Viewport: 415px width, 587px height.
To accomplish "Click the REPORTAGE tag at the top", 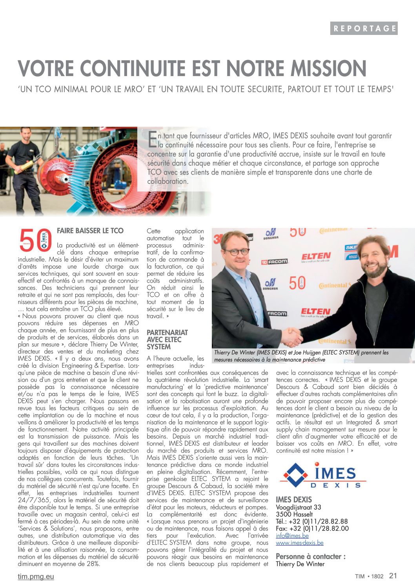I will tap(364, 28).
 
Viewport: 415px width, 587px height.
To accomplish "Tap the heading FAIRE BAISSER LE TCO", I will tap(90, 231).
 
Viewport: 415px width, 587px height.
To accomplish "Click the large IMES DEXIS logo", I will tap(322, 475).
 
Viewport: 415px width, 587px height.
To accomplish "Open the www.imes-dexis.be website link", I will tap(300, 543).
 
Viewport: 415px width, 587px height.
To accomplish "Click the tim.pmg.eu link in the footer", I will tap(36, 576).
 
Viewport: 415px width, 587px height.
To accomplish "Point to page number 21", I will tap(393, 576).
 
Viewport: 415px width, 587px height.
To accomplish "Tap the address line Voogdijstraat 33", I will tap(299, 507).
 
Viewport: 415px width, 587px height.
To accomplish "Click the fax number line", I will tap(312, 529).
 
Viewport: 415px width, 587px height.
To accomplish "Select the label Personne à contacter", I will tap(311, 556).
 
